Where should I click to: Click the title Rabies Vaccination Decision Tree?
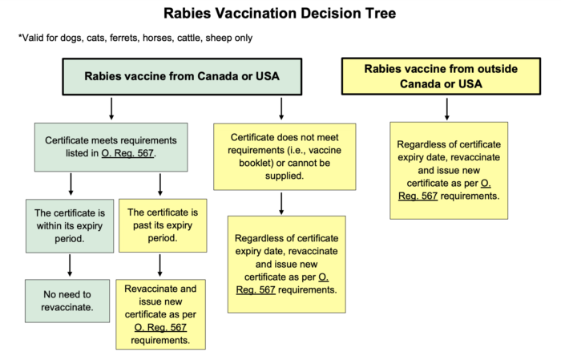click(280, 14)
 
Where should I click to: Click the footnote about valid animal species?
click(135, 38)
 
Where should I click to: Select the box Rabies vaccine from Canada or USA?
click(182, 77)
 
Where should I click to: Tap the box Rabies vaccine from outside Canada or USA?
click(441, 76)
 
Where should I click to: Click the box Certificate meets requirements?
click(111, 147)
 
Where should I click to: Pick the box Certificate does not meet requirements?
click(285, 156)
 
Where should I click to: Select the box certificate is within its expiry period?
click(70, 226)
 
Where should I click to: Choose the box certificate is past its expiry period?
click(163, 225)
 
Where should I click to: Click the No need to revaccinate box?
click(67, 301)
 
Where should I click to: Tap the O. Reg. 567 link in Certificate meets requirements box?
click(127, 153)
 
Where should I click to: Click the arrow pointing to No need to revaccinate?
click(70, 265)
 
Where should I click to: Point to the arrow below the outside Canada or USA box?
click(447, 109)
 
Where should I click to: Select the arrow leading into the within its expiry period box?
click(71, 184)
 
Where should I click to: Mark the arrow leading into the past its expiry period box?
click(160, 184)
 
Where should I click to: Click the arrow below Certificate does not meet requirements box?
click(281, 204)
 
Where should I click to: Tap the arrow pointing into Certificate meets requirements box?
click(111, 108)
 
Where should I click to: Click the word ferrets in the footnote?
click(123, 38)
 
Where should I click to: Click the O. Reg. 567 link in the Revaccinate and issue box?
click(160, 327)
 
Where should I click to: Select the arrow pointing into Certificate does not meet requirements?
click(281, 108)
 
